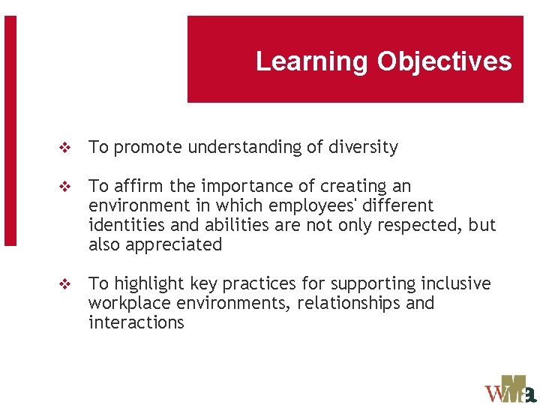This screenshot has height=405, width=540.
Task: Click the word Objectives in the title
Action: (444, 61)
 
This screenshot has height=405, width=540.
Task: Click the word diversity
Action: (363, 148)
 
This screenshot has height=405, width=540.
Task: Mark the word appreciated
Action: (175, 245)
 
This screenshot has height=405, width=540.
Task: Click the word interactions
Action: (136, 323)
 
